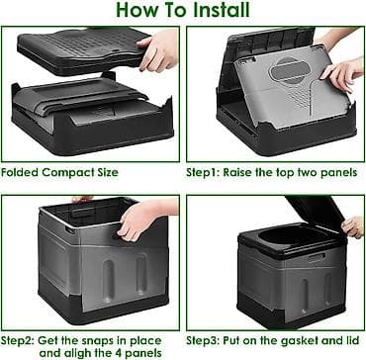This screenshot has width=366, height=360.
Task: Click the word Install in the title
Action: point(222,10)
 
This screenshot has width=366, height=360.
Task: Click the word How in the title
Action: point(137,10)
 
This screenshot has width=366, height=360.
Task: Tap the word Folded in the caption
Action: point(19,172)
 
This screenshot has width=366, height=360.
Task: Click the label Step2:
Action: point(18,340)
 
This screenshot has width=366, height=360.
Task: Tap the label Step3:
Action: point(203,340)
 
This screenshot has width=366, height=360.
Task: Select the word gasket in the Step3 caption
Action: point(299,341)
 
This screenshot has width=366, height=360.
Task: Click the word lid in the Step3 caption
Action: point(351,340)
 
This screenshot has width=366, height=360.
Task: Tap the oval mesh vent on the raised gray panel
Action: point(286,70)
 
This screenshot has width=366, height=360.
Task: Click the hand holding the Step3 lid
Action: point(353,227)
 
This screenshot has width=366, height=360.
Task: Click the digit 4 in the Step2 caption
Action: point(120,353)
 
